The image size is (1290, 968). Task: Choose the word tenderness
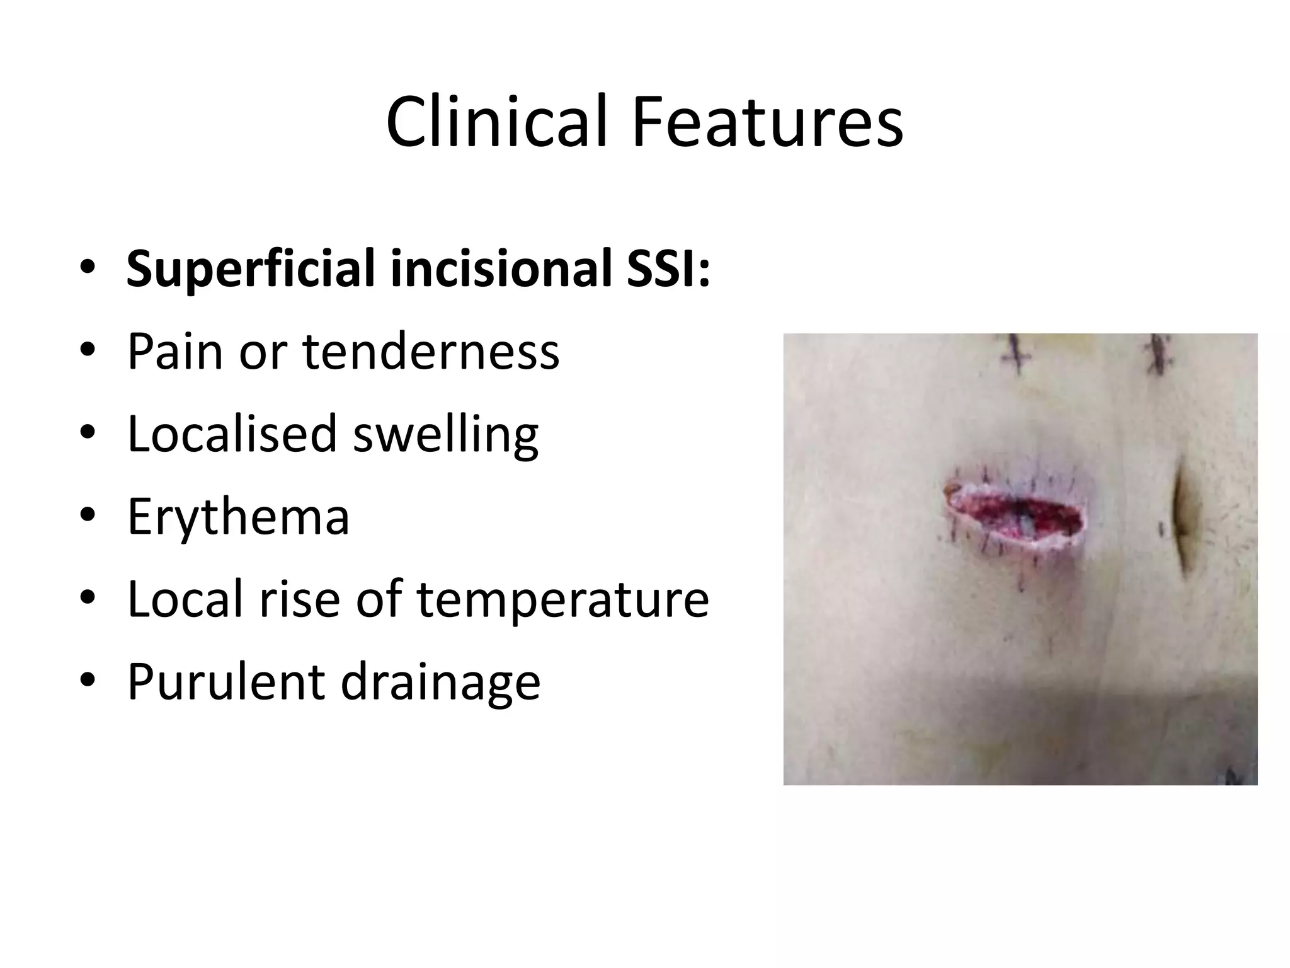[x=431, y=351]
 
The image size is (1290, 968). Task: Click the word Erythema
[x=238, y=516]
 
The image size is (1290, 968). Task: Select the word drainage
[x=440, y=683]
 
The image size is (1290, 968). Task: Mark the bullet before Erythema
[x=88, y=516]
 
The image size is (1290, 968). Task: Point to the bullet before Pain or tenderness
[x=88, y=351]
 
